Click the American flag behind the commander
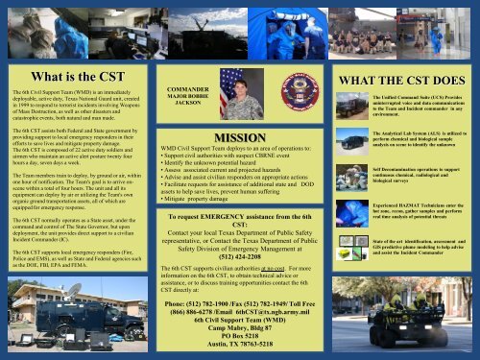pyautogui.click(x=228, y=88)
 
